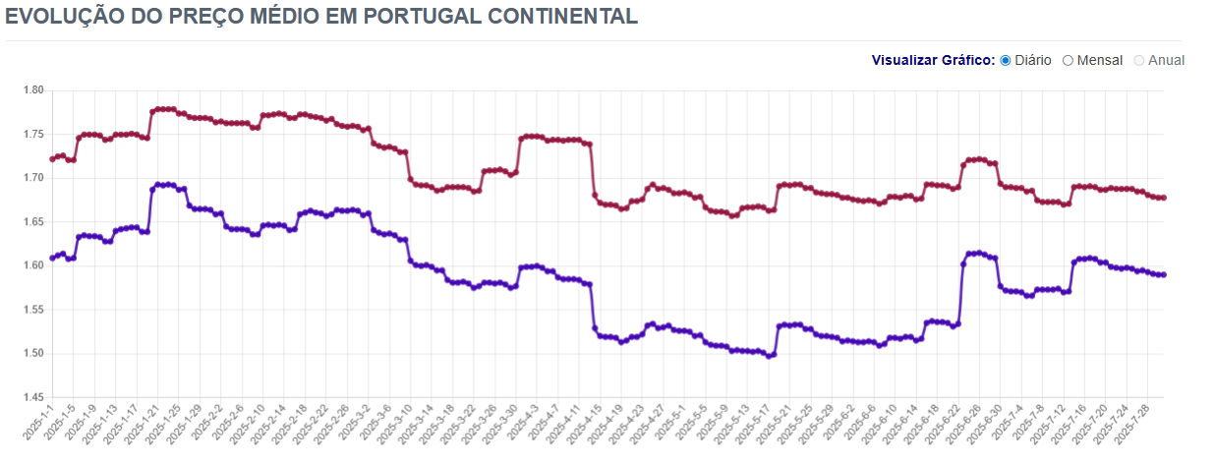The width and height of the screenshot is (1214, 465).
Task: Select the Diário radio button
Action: [1006, 60]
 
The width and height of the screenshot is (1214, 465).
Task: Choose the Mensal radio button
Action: [1068, 60]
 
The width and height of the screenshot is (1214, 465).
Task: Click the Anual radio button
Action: [1139, 60]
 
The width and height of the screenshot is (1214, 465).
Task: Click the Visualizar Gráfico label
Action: [933, 60]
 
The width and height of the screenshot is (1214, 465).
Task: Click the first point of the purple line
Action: [52, 258]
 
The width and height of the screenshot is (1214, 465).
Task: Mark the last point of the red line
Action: [1163, 198]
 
